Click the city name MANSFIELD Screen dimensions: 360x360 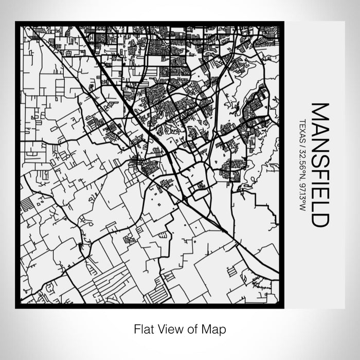tap(320, 165)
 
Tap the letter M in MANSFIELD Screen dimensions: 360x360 tap(320, 111)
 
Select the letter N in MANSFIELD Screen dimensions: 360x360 tap(320, 139)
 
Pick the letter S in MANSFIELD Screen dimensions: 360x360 tap(320, 153)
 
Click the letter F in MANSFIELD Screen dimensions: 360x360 tap(320, 166)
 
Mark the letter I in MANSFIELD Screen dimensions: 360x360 tap(320, 175)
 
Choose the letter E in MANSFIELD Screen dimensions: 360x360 tap(320, 185)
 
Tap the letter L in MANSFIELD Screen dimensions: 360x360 tap(320, 199)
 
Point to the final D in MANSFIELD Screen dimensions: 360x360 tap(320, 217)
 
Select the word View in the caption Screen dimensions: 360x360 tap(170, 328)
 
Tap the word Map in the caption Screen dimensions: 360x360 tap(212, 329)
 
